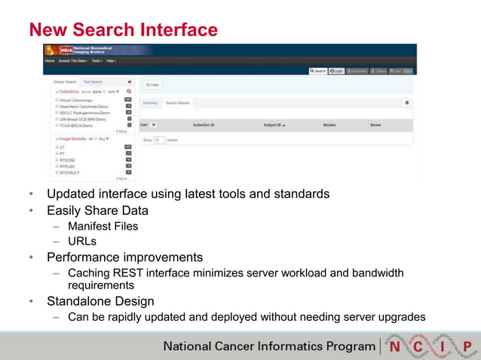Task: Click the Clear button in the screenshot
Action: [x=152, y=84]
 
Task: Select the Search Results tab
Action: [x=178, y=102]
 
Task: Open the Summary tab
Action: [x=151, y=102]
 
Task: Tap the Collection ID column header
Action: [x=204, y=124]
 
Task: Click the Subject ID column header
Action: [x=274, y=124]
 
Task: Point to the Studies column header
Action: [x=329, y=124]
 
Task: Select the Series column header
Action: [x=375, y=124]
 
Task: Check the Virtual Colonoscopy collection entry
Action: [x=75, y=99]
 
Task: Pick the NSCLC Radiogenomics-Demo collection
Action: [x=82, y=112]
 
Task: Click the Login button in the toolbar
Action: [x=336, y=71]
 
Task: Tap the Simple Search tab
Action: [x=65, y=81]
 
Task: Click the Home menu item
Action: [x=50, y=60]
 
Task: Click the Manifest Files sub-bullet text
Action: [x=103, y=225]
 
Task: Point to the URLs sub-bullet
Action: [x=82, y=241]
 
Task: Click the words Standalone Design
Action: [x=100, y=301]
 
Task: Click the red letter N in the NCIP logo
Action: [x=395, y=346]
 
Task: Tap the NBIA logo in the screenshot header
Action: [x=66, y=50]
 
